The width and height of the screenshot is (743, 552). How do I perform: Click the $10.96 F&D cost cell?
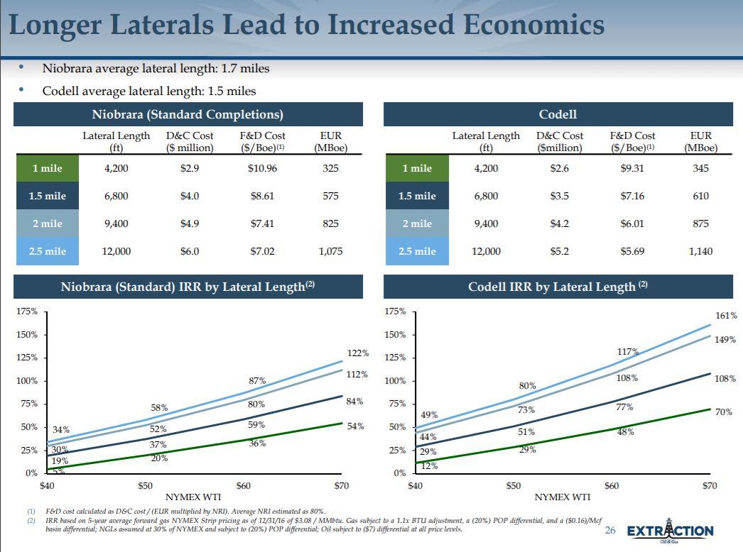pyautogui.click(x=262, y=169)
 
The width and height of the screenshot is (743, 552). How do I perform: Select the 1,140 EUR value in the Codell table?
pyautogui.click(x=700, y=251)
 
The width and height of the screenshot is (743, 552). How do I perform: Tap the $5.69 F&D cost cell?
pyautogui.click(x=632, y=251)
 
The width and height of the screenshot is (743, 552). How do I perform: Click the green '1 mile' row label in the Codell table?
pyautogui.click(x=417, y=169)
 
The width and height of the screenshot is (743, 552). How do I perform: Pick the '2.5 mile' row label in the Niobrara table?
pyautogui.click(x=47, y=251)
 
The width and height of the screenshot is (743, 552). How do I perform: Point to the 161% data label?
pyautogui.click(x=725, y=316)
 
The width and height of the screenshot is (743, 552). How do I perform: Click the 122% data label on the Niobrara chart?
pyautogui.click(x=357, y=353)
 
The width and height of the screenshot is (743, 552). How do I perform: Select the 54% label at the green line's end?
pyautogui.click(x=355, y=426)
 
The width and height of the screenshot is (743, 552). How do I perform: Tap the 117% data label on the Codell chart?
pyautogui.click(x=628, y=352)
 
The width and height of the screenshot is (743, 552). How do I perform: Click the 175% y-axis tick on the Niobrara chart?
pyautogui.click(x=27, y=311)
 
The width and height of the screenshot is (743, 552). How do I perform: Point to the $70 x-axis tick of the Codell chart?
pyautogui.click(x=710, y=486)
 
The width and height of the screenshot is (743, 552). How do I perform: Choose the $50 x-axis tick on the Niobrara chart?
pyautogui.click(x=145, y=486)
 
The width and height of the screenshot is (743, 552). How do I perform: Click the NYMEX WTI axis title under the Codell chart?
pyautogui.click(x=562, y=497)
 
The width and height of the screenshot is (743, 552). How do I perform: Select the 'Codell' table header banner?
pyautogui.click(x=558, y=114)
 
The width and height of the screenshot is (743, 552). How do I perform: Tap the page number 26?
pyautogui.click(x=610, y=531)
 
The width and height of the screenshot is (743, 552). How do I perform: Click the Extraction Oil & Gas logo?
pyautogui.click(x=670, y=531)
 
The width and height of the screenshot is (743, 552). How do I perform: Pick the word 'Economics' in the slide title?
pyautogui.click(x=533, y=26)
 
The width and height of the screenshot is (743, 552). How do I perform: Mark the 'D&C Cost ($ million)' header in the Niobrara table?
pyautogui.click(x=190, y=141)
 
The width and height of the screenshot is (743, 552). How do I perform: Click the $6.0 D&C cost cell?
pyautogui.click(x=190, y=251)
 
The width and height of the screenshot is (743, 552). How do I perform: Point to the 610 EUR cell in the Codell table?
pyautogui.click(x=700, y=196)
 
